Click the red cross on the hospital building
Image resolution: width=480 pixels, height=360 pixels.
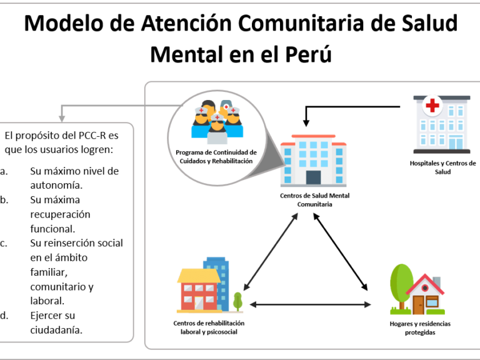432,105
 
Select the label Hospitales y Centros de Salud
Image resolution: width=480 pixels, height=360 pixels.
442,167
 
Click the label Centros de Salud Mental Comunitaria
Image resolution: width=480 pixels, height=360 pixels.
315,199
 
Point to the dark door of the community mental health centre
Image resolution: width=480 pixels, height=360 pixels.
314,177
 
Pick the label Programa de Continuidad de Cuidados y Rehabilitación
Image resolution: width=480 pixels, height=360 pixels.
216,156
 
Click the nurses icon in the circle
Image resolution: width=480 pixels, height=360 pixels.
217,121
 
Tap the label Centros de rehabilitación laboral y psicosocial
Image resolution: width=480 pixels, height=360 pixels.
209,327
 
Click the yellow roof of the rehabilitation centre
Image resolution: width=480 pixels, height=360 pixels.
199,276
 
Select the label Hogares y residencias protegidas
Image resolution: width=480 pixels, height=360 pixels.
420,328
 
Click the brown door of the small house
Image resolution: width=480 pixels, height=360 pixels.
418,305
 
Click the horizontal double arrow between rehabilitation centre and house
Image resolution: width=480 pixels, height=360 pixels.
311,304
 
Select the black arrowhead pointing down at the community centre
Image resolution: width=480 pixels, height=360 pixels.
306,123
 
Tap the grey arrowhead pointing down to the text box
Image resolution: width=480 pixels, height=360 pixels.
62,119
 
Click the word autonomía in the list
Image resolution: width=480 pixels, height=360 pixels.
56,185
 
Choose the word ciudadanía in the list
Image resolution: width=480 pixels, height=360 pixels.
56,330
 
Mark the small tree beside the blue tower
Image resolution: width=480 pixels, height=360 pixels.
237,301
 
